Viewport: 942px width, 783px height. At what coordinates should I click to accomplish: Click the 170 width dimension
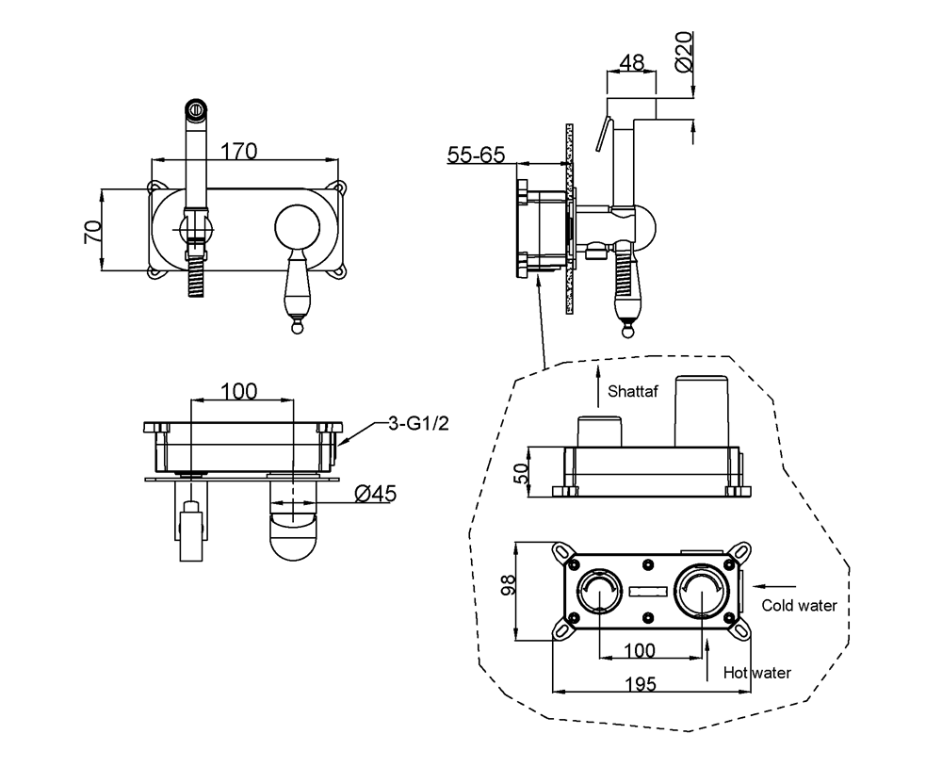coord(240,151)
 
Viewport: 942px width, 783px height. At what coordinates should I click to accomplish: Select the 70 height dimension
coord(92,232)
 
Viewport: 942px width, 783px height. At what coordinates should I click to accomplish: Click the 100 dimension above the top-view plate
coord(239,390)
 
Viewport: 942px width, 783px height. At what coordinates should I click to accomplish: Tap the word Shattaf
coord(634,389)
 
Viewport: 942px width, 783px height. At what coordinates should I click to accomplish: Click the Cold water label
coord(799,606)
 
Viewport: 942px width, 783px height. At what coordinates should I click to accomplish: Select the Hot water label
coord(757,672)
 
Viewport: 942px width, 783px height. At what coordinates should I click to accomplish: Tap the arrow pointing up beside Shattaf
coord(597,386)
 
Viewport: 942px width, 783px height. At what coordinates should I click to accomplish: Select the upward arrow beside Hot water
coord(707,661)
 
